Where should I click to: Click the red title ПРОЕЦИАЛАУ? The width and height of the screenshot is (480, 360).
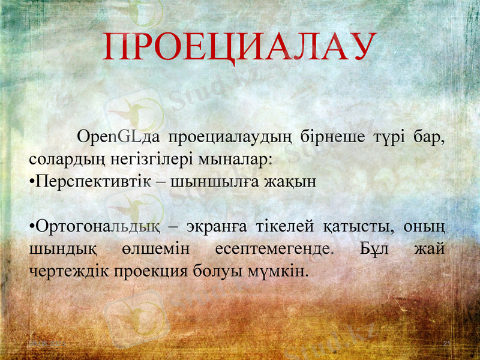240,47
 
